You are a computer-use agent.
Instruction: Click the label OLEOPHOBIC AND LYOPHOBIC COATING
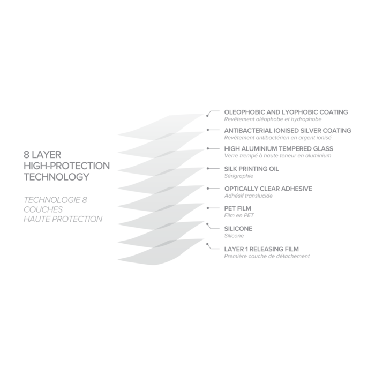(286, 112)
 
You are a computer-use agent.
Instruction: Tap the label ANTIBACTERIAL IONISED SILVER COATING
(288, 131)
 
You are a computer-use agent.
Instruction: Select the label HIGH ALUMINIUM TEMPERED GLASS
(279, 149)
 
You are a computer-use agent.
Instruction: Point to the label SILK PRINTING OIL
(252, 169)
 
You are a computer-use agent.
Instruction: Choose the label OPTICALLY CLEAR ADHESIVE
(268, 189)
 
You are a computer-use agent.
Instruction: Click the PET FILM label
(238, 208)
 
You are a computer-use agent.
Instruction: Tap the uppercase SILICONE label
(238, 229)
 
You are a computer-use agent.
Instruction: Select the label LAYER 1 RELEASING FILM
(261, 249)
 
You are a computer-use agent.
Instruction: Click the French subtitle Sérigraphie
(239, 176)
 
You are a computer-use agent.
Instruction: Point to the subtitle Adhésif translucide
(249, 196)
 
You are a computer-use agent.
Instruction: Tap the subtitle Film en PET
(239, 215)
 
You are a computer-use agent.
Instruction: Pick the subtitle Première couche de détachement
(267, 257)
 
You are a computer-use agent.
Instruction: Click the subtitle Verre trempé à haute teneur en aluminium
(277, 156)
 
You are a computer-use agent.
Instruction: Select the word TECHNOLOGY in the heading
(56, 177)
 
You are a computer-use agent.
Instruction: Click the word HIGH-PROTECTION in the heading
(67, 166)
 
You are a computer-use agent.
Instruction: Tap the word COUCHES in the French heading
(43, 210)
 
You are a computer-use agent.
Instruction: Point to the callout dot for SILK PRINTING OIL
(208, 168)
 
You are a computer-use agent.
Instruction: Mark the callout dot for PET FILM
(208, 208)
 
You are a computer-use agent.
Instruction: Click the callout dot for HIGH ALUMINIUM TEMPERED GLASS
(208, 148)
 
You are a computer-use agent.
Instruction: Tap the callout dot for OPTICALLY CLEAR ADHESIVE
(208, 189)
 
